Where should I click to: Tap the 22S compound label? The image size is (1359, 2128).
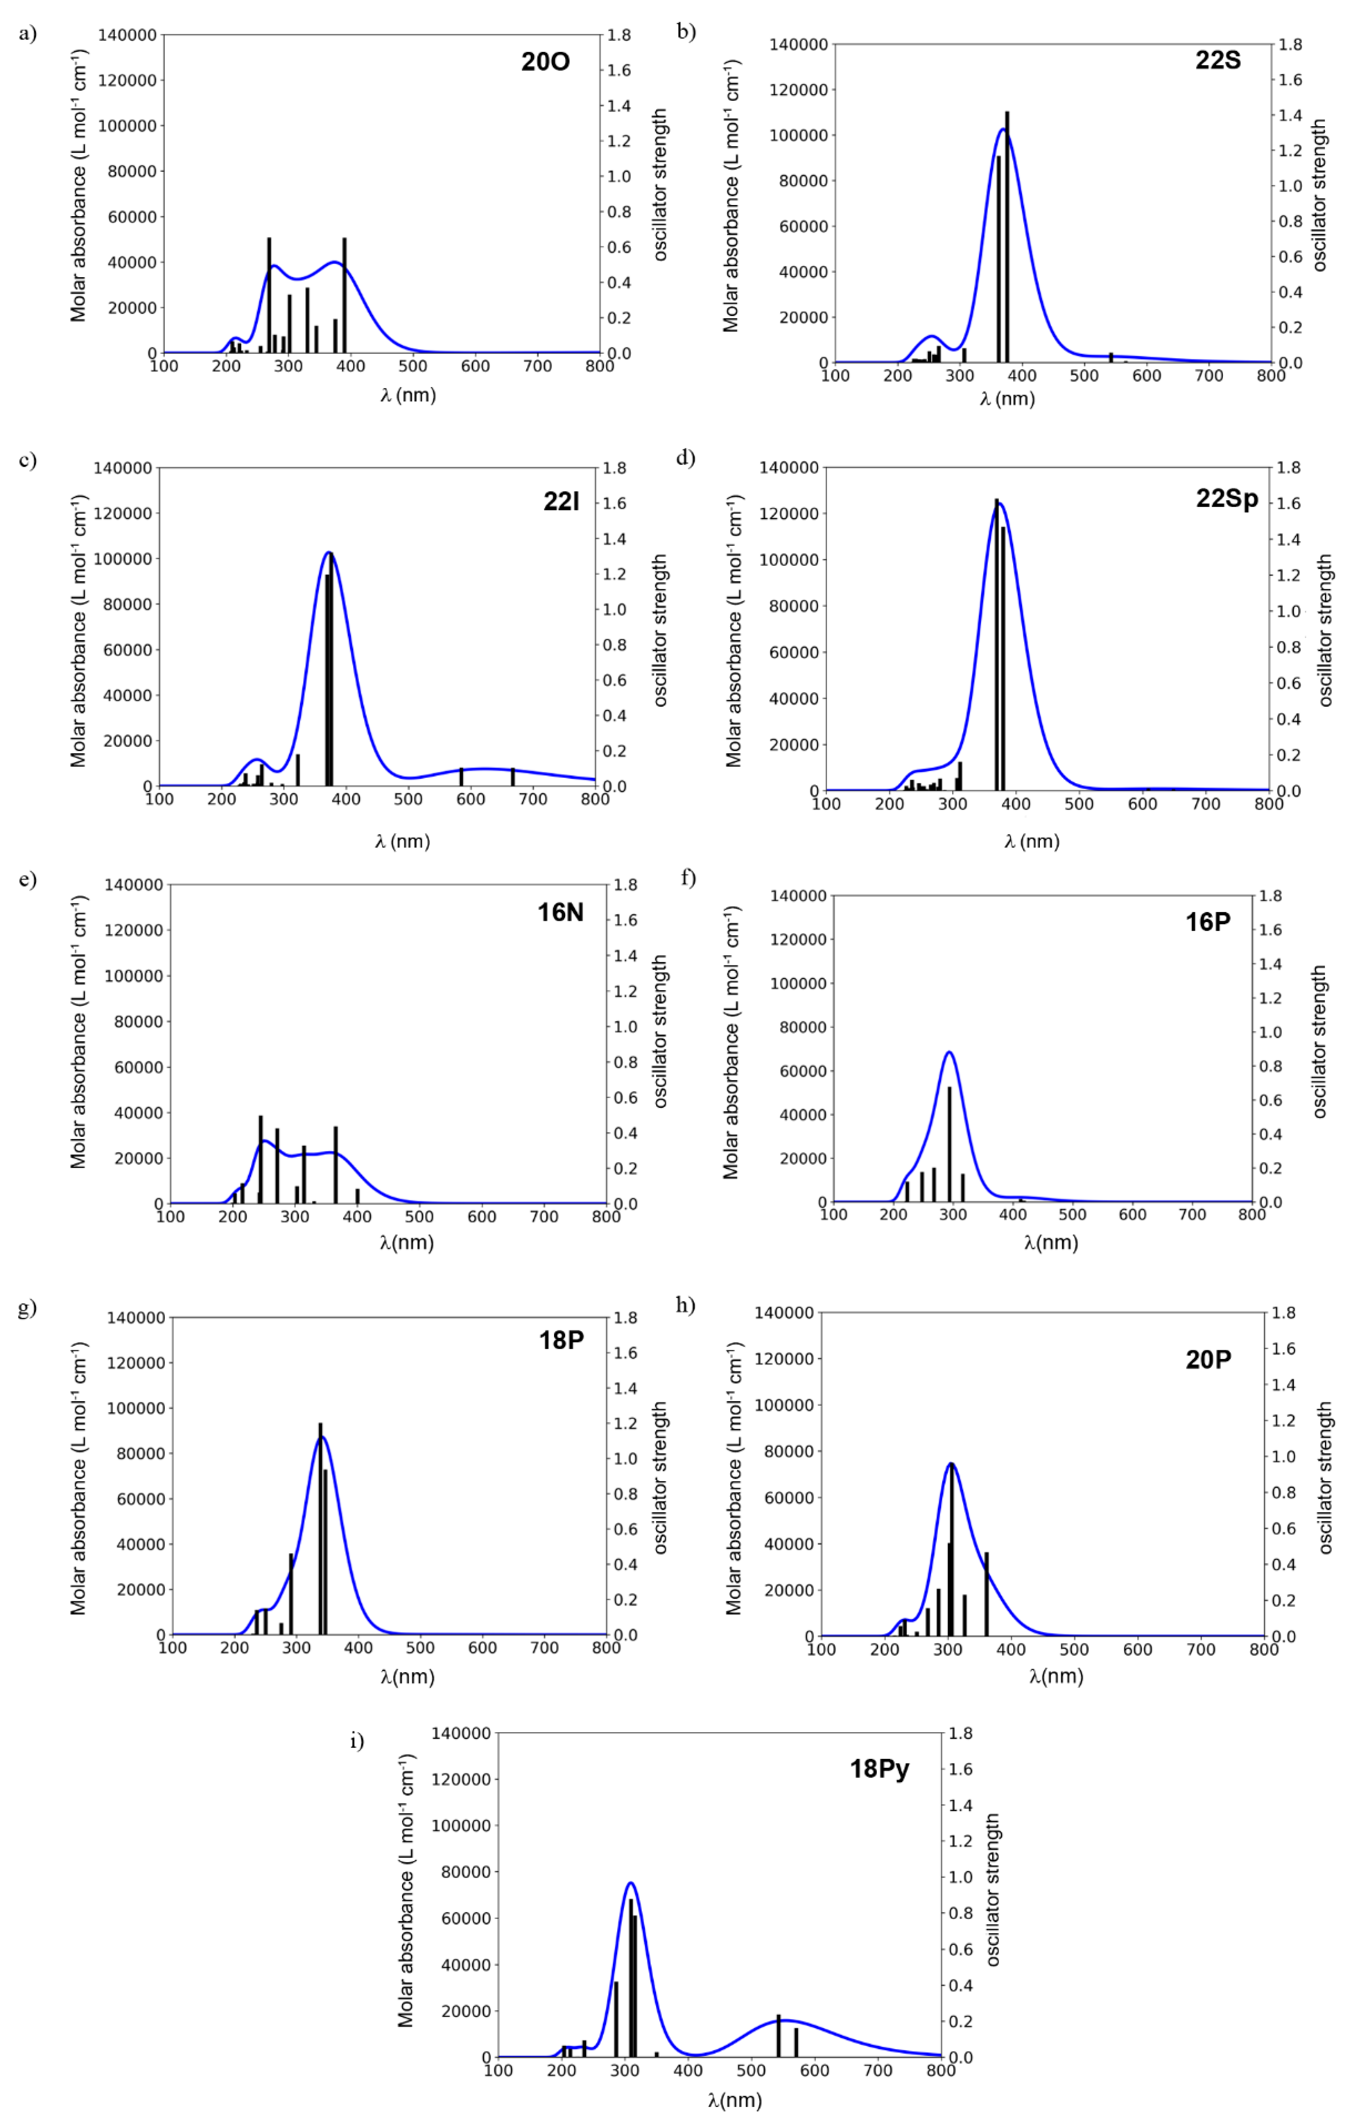(1218, 60)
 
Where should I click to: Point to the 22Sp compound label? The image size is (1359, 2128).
(1226, 498)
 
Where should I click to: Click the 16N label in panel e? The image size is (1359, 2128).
(560, 912)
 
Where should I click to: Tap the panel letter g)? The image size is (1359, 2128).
(27, 1307)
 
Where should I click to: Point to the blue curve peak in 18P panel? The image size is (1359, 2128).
(321, 1438)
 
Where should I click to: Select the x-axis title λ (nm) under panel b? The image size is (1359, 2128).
(1007, 399)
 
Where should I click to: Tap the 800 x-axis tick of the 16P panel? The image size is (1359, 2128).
(1251, 1214)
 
